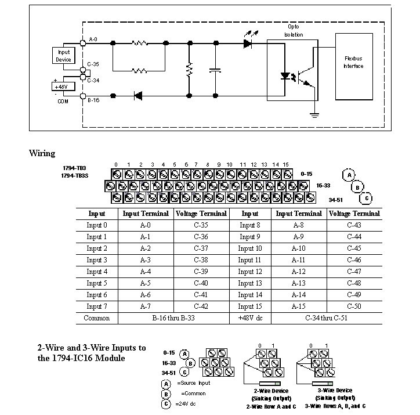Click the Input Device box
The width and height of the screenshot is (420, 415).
pos(63,56)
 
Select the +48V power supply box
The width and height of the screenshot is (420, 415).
pos(62,86)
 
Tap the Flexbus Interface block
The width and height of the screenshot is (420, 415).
pos(353,62)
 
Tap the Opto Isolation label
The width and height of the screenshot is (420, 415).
pos(293,31)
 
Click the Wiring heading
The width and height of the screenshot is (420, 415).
pos(42,154)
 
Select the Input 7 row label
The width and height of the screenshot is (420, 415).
pos(97,306)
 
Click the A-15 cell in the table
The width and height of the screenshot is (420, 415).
pos(299,306)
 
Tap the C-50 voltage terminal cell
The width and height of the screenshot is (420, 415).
pos(354,306)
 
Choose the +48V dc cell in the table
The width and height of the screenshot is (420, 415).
pos(250,318)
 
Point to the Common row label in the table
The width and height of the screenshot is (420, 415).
pos(97,318)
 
